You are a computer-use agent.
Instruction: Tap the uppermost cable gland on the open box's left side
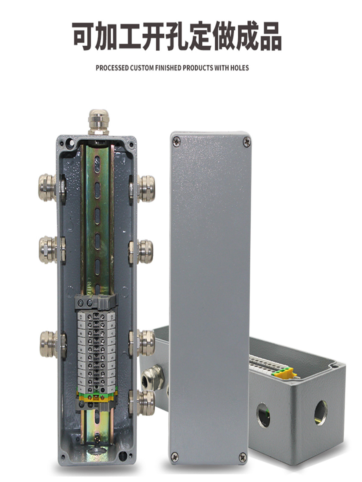tap(47, 187)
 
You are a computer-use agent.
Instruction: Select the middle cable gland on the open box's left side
tap(48, 250)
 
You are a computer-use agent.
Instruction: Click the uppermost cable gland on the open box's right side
tap(146, 188)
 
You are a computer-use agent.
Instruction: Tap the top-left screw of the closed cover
tap(176, 142)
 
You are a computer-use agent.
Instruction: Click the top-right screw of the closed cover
tap(247, 142)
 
